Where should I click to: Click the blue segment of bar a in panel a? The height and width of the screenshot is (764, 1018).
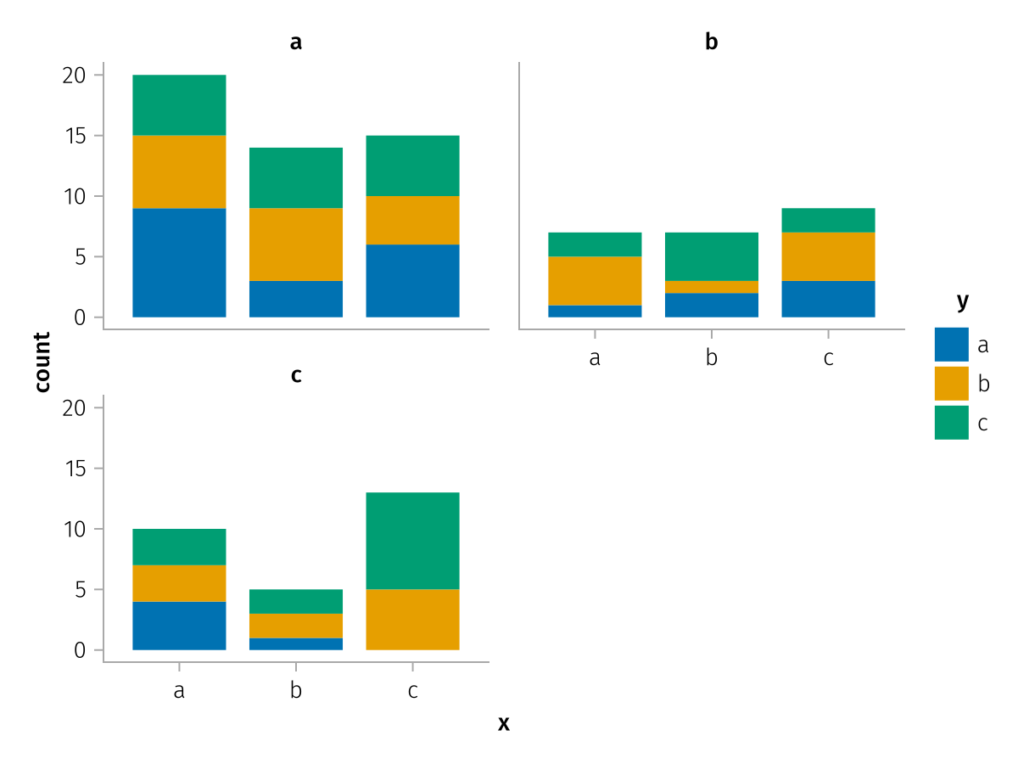click(x=179, y=262)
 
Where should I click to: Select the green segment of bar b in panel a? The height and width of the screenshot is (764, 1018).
click(x=296, y=177)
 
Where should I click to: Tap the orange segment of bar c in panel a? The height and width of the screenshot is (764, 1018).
click(x=413, y=220)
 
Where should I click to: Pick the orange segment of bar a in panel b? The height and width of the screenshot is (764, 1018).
click(x=595, y=280)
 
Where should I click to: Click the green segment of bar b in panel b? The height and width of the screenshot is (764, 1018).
click(x=712, y=256)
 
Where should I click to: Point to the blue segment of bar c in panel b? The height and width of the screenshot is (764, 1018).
click(x=829, y=299)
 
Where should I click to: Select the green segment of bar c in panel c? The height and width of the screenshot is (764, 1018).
click(x=413, y=541)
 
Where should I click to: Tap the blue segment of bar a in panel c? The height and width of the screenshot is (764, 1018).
click(x=179, y=626)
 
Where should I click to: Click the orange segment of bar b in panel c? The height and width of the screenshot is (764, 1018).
click(x=296, y=626)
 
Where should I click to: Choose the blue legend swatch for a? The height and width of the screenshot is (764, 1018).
click(x=951, y=345)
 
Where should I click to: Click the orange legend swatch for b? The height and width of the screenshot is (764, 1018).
click(x=951, y=384)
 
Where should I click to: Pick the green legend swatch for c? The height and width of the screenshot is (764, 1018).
click(x=951, y=423)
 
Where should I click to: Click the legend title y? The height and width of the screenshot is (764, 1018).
click(x=962, y=301)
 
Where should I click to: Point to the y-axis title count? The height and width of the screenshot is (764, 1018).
click(x=42, y=362)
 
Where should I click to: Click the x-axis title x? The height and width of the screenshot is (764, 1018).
click(x=504, y=724)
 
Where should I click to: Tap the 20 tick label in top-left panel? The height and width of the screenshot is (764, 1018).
click(x=75, y=75)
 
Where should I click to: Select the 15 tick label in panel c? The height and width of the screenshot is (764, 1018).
click(x=75, y=469)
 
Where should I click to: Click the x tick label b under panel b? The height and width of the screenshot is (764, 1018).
click(x=712, y=358)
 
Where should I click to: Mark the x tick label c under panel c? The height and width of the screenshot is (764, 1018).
click(x=413, y=691)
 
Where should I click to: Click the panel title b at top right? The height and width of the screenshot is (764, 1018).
click(x=712, y=42)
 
